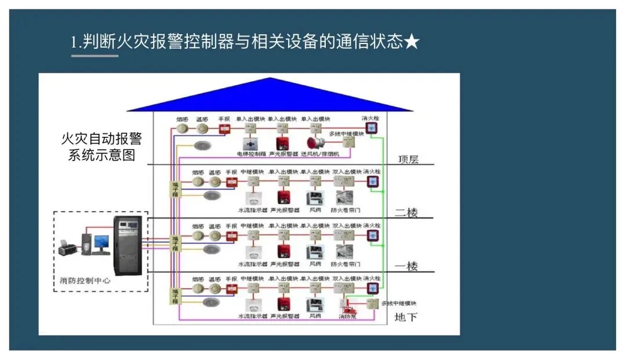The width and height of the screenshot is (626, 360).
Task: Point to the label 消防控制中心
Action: click(85, 281)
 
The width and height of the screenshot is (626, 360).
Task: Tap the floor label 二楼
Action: click(406, 212)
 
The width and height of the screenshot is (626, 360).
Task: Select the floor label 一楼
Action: click(406, 266)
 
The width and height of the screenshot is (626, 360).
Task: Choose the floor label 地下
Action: click(405, 317)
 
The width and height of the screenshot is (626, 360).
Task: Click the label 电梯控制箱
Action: click(250, 154)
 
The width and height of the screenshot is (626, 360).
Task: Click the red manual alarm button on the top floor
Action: click(225, 129)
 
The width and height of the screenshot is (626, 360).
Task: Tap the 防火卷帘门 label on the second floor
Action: click(345, 210)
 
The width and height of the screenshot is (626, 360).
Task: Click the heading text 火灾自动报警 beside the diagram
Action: click(101, 139)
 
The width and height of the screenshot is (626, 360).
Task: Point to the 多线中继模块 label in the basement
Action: click(400, 303)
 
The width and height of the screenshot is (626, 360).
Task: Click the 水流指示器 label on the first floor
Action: click(253, 264)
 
